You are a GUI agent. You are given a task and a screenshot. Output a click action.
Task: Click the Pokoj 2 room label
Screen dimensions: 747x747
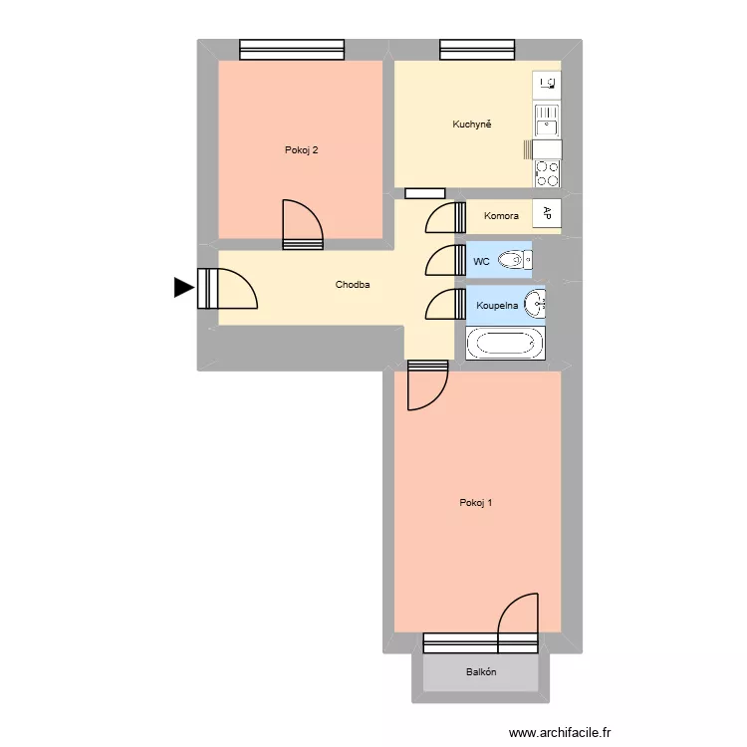pyautogui.click(x=301, y=151)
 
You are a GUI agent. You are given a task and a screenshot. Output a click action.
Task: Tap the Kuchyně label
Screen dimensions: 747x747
pyautogui.click(x=472, y=124)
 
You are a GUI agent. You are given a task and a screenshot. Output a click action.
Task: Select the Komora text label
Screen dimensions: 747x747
pyautogui.click(x=501, y=216)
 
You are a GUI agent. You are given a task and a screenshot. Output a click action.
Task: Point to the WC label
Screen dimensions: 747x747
pyautogui.click(x=481, y=262)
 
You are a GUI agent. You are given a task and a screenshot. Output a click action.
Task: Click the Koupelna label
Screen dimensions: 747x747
pyautogui.click(x=496, y=306)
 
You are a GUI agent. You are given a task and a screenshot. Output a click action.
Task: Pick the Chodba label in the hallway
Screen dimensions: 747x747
pyautogui.click(x=353, y=285)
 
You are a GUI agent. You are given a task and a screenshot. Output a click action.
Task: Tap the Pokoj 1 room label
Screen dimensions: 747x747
pyautogui.click(x=476, y=503)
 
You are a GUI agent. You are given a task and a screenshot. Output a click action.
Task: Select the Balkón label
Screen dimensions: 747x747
pyautogui.click(x=481, y=672)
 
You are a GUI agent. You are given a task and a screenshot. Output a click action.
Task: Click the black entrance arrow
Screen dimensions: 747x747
pyautogui.click(x=183, y=288)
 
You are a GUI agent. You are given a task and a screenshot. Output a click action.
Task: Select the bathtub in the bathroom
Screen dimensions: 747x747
pyautogui.click(x=505, y=344)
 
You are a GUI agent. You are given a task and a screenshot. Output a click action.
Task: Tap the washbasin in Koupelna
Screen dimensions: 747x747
pyautogui.click(x=536, y=301)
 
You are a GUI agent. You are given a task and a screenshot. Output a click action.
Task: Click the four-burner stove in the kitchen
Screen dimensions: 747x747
pyautogui.click(x=547, y=174)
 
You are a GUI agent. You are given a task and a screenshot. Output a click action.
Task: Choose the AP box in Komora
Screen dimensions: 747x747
pyautogui.click(x=547, y=212)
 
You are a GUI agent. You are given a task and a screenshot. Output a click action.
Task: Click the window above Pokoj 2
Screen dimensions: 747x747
pyautogui.click(x=292, y=49)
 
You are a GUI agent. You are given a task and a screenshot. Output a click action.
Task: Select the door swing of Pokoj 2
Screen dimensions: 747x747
pyautogui.click(x=302, y=223)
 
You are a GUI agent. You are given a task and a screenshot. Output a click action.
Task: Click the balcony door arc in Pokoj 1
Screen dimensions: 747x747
pyautogui.click(x=518, y=614)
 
